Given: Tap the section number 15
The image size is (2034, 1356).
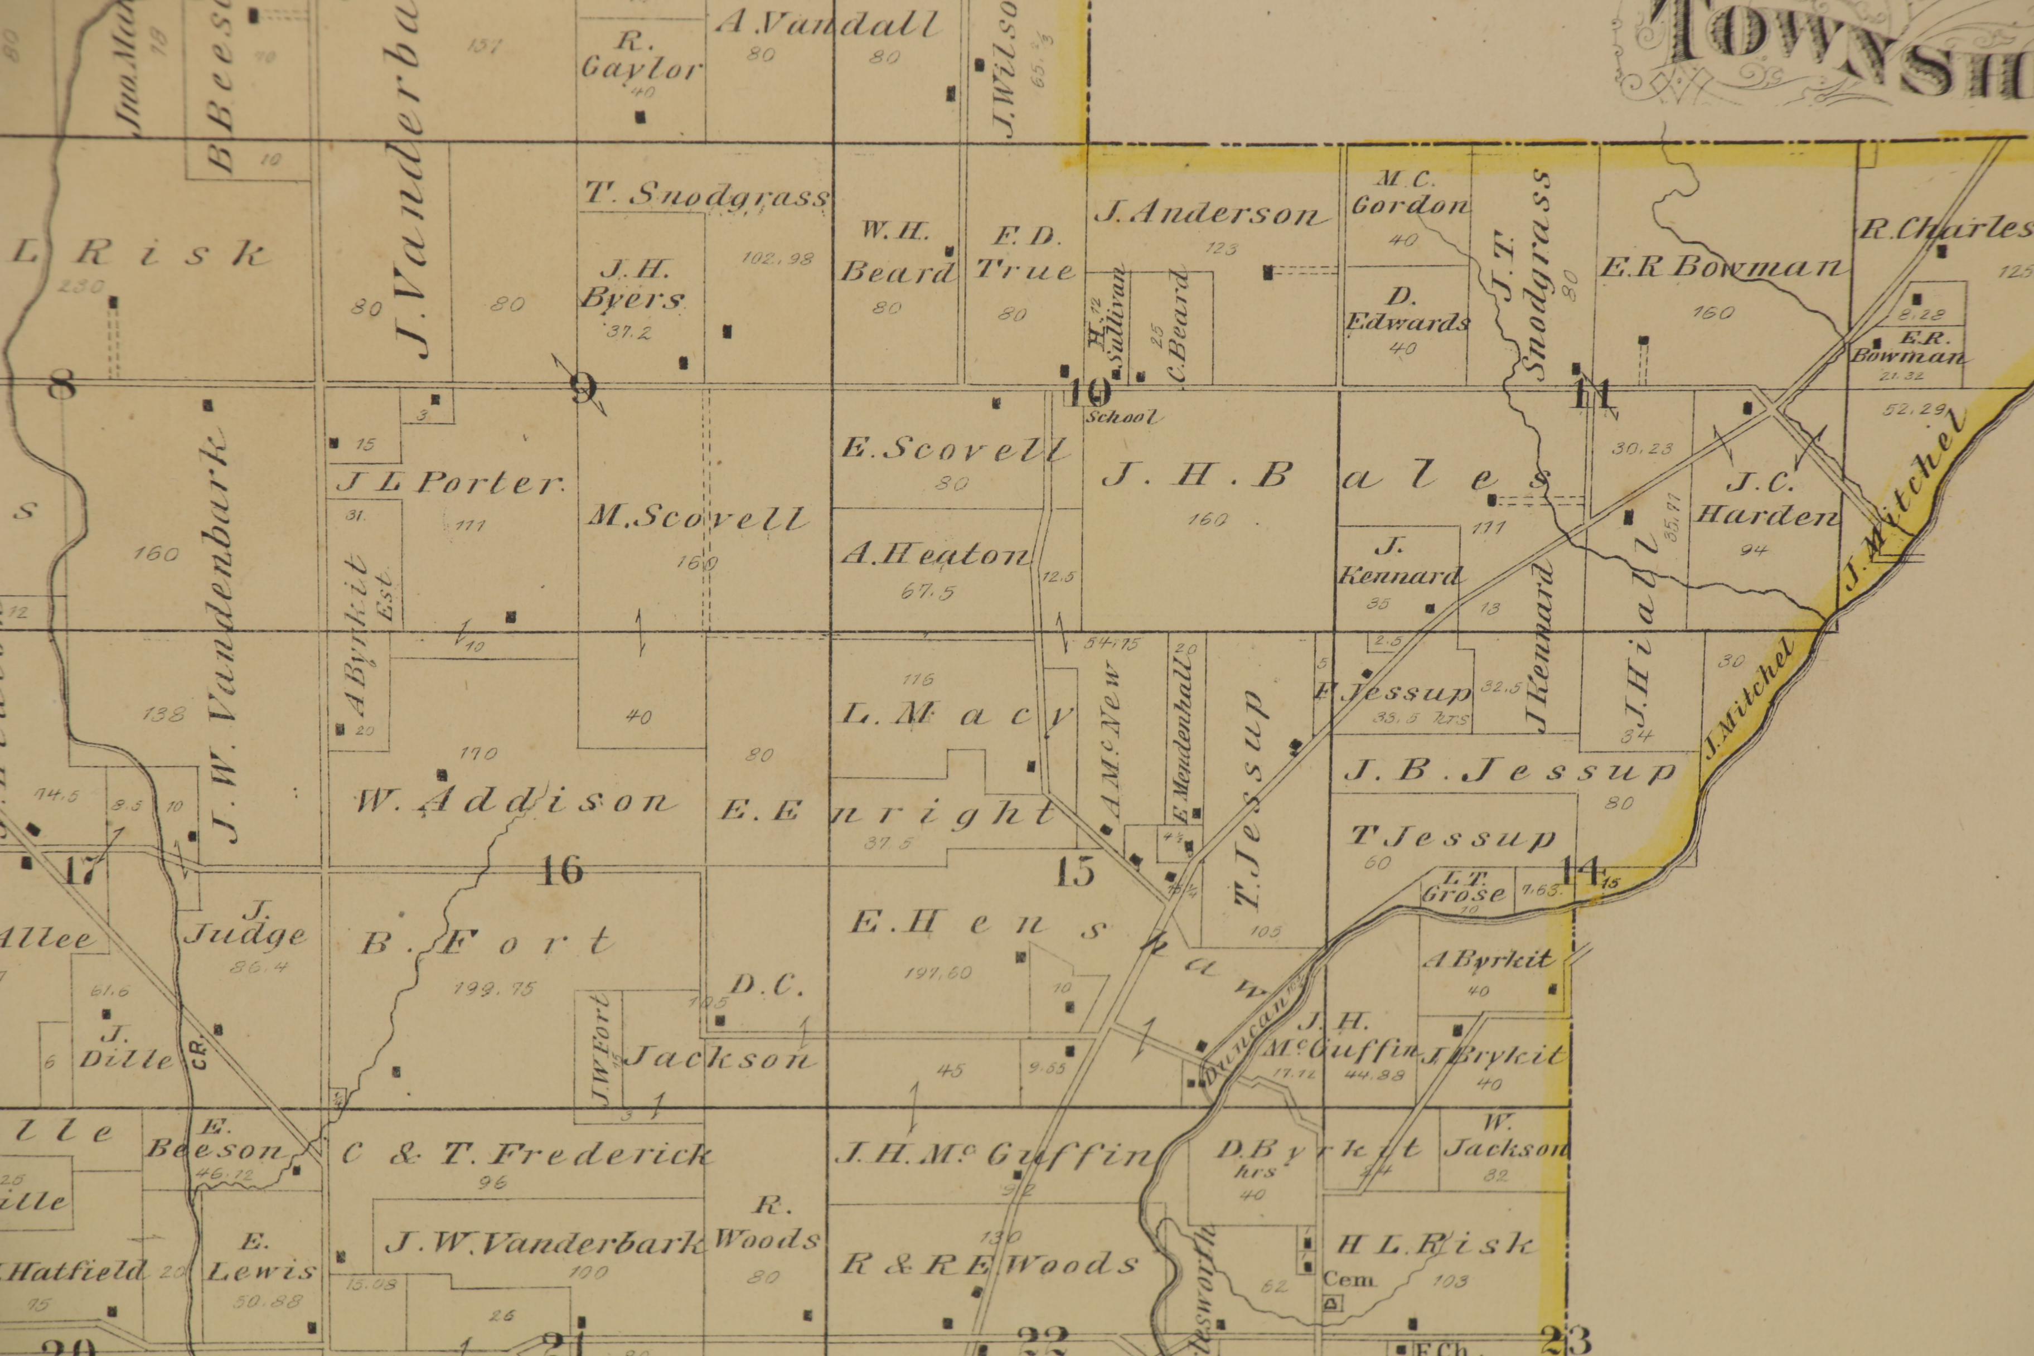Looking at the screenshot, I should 1075,871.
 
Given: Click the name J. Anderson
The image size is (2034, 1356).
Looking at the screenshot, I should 1210,214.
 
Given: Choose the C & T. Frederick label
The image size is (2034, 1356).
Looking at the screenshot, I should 527,1154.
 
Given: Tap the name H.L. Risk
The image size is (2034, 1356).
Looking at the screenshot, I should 1436,1245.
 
